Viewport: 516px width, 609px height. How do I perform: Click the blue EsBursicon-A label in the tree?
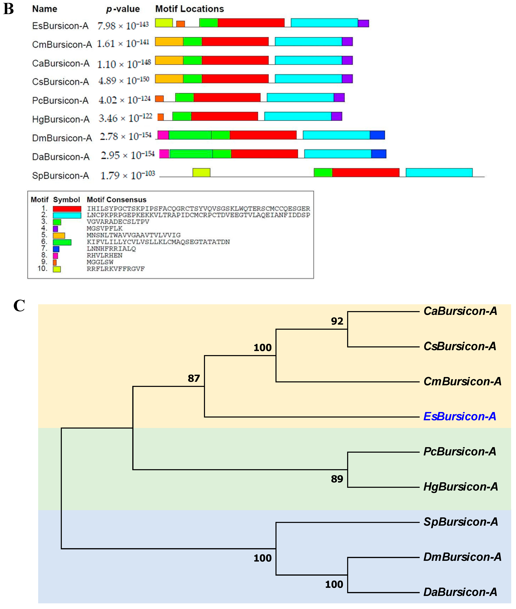[460, 416]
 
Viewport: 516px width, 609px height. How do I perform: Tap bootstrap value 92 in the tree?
[337, 321]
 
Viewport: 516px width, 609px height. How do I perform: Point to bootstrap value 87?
[194, 378]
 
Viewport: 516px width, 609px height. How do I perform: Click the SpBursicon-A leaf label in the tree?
[460, 522]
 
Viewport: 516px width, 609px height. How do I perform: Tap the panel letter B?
[8, 9]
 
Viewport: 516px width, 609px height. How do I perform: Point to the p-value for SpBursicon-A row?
[128, 175]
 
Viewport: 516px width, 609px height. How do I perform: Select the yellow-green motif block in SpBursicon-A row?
[201, 172]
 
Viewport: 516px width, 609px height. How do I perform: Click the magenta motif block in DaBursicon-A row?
[164, 154]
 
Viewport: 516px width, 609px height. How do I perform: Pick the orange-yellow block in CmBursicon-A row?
[169, 42]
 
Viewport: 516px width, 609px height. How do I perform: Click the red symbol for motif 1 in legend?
[67, 209]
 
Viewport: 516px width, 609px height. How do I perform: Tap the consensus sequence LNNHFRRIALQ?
[111, 249]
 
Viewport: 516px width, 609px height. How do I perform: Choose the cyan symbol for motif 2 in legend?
[67, 215]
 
